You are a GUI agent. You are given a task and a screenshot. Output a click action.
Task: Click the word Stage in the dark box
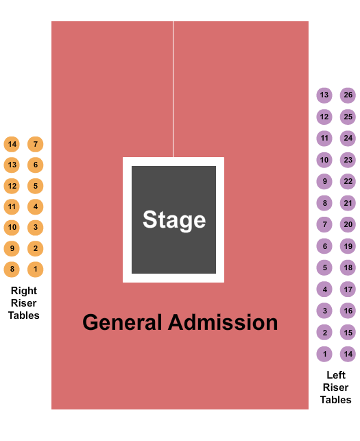pyautogui.click(x=174, y=220)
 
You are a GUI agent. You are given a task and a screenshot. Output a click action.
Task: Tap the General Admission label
pyautogui.click(x=180, y=322)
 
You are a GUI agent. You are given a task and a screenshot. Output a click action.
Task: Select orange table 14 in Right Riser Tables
pyautogui.click(x=12, y=144)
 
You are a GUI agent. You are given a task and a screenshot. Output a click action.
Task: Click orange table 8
pyautogui.click(x=12, y=269)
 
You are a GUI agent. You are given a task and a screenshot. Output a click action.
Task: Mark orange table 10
pyautogui.click(x=12, y=227)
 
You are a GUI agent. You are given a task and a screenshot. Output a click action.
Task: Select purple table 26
pyautogui.click(x=348, y=95)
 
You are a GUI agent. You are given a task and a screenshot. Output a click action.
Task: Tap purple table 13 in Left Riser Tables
pyautogui.click(x=324, y=95)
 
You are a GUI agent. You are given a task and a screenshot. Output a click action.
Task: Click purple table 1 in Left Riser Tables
pyautogui.click(x=324, y=354)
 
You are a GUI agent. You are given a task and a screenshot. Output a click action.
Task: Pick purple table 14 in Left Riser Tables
pyautogui.click(x=348, y=354)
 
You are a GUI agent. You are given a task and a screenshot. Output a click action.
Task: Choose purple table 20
pyautogui.click(x=348, y=224)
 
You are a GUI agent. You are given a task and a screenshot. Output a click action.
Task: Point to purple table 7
pyautogui.click(x=324, y=224)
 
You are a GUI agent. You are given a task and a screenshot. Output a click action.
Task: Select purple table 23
pyautogui.click(x=348, y=160)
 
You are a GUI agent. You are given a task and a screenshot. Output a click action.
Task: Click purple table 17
pyautogui.click(x=348, y=289)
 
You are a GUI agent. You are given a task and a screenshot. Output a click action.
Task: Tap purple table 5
pyautogui.click(x=324, y=267)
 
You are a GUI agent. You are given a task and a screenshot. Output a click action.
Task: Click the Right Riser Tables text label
pyautogui.click(x=24, y=303)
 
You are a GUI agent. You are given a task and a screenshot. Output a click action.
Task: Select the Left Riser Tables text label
pyautogui.click(x=336, y=387)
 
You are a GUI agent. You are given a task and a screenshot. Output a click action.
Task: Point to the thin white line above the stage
pyautogui.click(x=173, y=89)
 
